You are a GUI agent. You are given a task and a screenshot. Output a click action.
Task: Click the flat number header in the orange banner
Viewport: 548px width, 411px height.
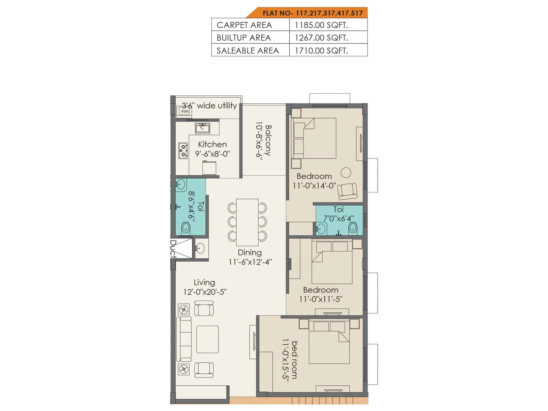[312, 13]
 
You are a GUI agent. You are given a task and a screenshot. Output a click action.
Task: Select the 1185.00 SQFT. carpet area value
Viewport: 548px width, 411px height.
[321, 25]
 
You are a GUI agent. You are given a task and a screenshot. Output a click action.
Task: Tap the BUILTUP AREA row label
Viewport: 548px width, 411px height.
[244, 38]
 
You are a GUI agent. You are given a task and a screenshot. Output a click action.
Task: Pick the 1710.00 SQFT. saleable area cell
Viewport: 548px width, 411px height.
[321, 51]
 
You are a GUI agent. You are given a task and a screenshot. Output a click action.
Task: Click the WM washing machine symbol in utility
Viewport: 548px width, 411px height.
[184, 111]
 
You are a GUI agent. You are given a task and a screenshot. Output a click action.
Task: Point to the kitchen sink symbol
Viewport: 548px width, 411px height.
[202, 128]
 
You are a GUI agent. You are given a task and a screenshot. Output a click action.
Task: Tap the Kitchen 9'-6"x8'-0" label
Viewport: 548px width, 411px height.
[212, 149]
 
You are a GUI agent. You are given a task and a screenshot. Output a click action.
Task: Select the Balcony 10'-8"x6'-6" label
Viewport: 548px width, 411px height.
[263, 141]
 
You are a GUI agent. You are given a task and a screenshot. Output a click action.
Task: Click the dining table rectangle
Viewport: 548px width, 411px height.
[247, 222]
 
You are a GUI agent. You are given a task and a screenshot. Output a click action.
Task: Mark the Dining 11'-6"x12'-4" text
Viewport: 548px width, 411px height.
[250, 257]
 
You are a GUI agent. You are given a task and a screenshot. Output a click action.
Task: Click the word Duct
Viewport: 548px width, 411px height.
[173, 249]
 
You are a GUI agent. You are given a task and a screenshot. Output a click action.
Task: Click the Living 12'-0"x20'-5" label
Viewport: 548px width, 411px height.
[204, 287]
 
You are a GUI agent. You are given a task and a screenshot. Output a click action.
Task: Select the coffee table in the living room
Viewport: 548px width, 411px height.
[208, 339]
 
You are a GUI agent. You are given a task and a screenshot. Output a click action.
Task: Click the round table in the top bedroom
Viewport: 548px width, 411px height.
[346, 172]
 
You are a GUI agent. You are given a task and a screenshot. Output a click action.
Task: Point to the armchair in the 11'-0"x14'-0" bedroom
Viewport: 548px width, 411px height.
[347, 191]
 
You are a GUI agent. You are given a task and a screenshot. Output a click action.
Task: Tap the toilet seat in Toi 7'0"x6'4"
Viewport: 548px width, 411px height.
[353, 228]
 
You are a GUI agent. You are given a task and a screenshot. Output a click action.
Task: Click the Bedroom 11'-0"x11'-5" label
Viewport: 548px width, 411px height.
[321, 294]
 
